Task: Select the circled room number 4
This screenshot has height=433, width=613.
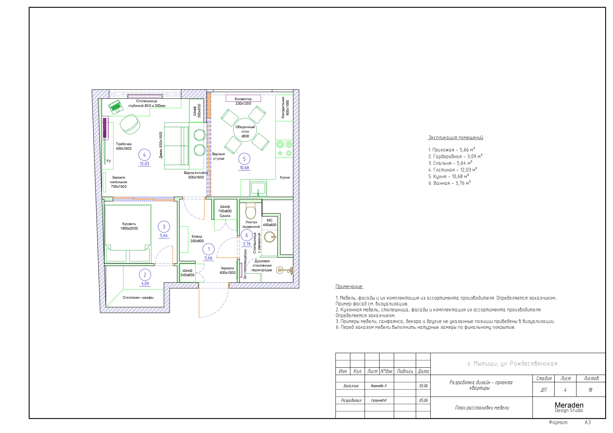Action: click(x=144, y=155)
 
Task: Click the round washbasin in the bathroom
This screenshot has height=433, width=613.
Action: click(x=270, y=237)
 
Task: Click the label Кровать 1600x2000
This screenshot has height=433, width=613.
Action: click(x=129, y=226)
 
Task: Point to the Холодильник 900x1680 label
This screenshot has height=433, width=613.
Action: click(x=285, y=108)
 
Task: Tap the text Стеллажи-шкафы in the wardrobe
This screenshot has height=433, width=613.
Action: click(x=138, y=297)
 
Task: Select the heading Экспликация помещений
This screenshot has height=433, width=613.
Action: click(x=456, y=138)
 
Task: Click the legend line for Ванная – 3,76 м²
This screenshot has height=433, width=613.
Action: click(x=450, y=183)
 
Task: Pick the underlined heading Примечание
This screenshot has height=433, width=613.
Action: click(x=349, y=286)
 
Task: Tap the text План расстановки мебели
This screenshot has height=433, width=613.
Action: click(x=482, y=408)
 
